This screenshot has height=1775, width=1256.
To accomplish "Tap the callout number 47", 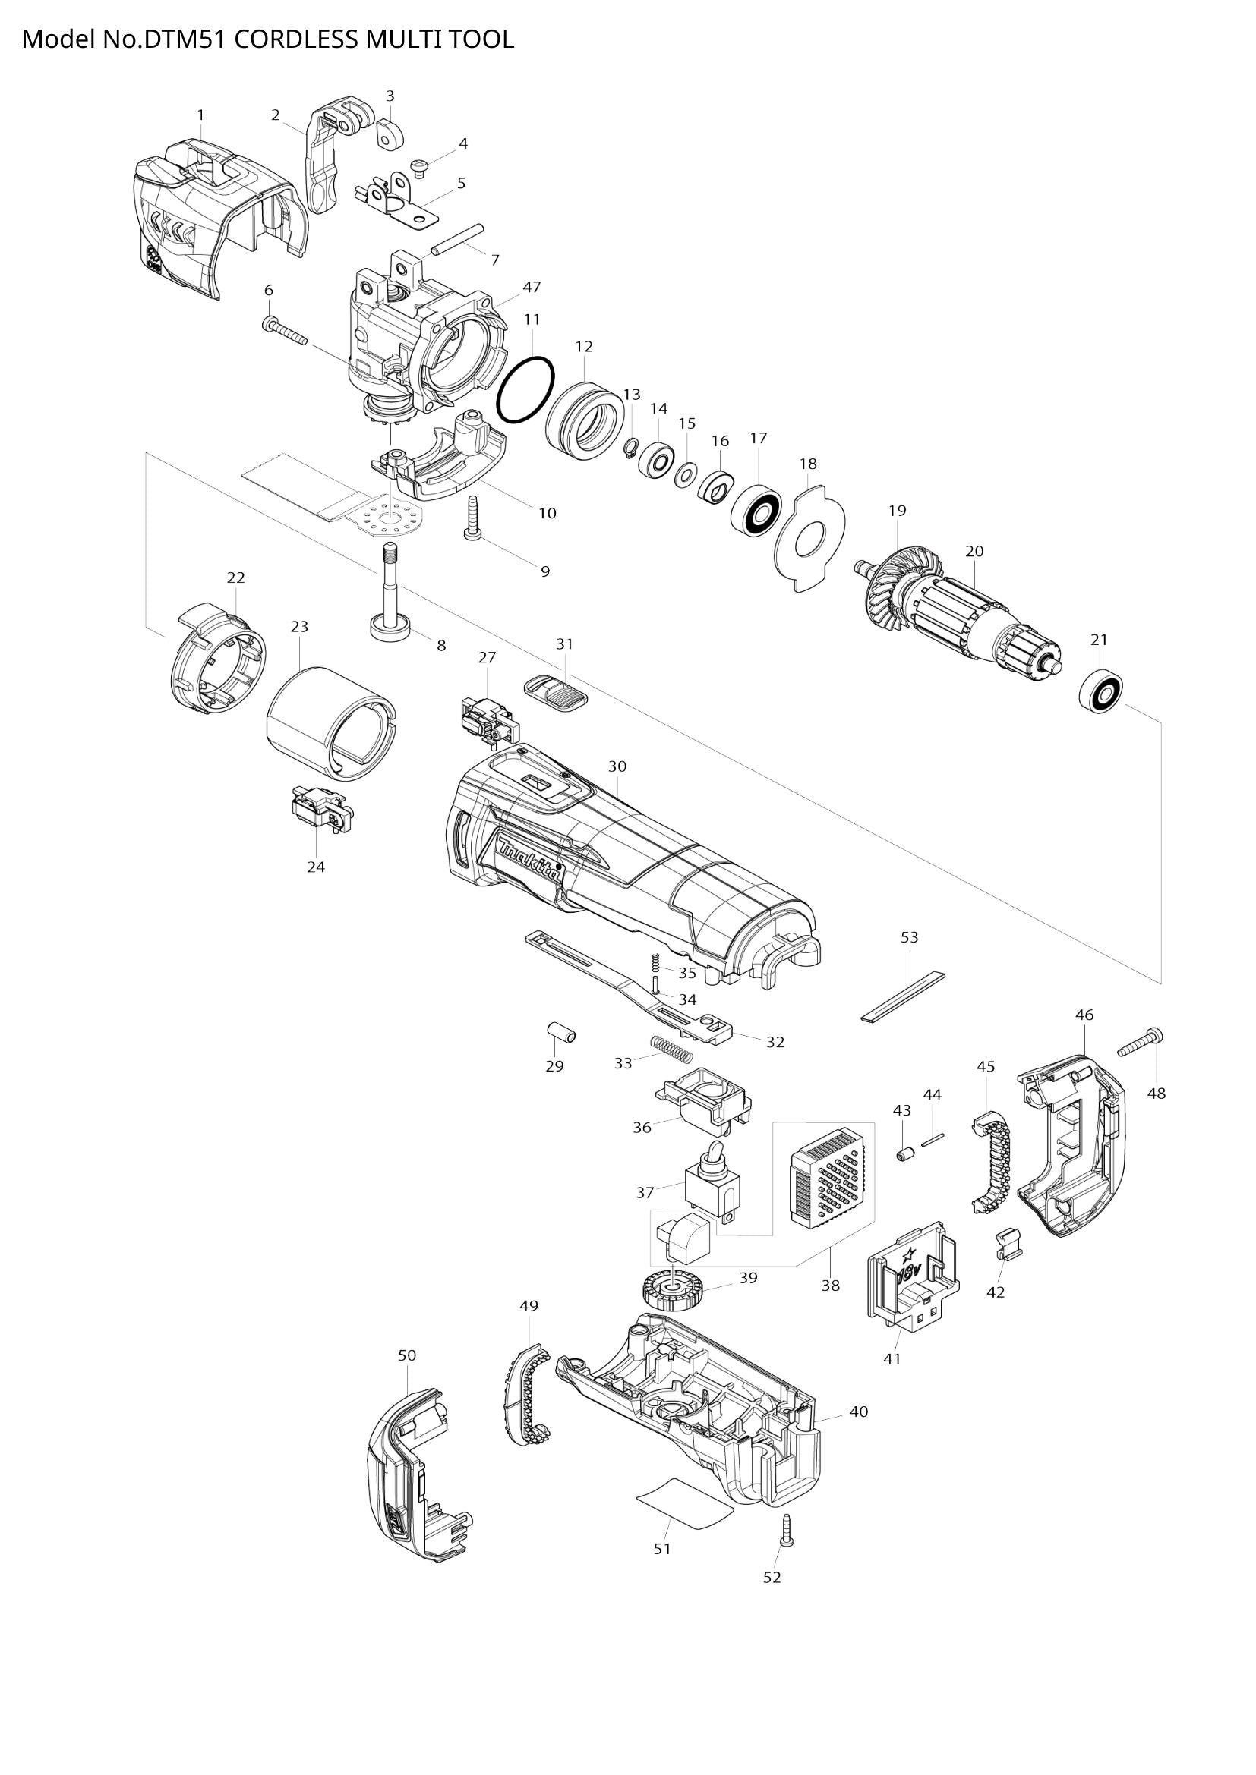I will tap(532, 287).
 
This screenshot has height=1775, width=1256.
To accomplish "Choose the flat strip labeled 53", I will tap(904, 996).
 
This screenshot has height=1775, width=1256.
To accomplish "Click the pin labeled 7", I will tap(458, 239).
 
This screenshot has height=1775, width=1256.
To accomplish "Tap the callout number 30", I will tap(617, 766).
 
